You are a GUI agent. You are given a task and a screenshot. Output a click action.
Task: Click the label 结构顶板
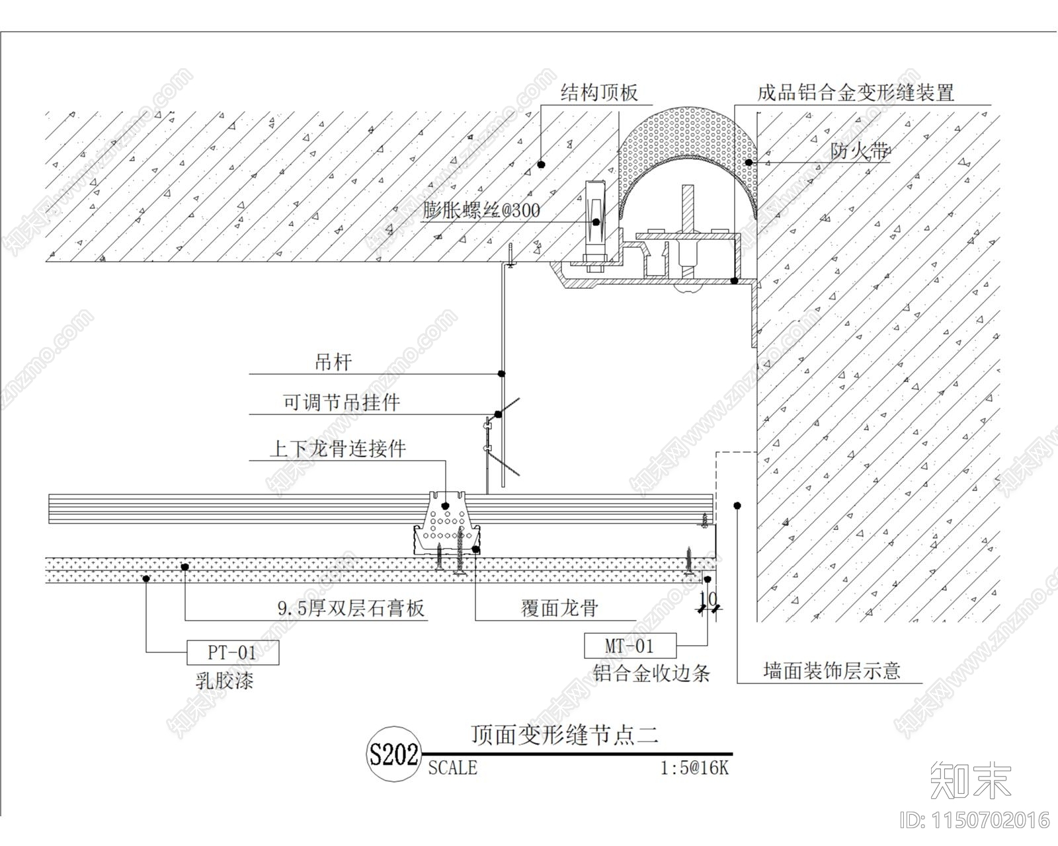598,92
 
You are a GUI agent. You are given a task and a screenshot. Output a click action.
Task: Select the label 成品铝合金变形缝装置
856,92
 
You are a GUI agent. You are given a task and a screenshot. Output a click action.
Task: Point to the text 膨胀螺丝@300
481,211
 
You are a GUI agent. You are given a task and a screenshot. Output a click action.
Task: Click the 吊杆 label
333,362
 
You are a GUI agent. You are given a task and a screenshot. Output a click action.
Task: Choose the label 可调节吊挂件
341,402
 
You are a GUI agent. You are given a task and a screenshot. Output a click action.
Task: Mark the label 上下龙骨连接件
337,449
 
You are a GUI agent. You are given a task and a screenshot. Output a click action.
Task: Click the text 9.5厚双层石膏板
350,608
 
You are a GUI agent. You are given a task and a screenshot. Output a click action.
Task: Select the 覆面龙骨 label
559,608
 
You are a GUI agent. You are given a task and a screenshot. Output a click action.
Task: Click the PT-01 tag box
232,652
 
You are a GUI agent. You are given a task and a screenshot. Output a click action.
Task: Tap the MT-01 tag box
630,645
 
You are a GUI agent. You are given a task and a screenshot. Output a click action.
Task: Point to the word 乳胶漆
224,680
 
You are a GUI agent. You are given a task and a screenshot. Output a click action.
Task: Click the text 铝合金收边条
651,673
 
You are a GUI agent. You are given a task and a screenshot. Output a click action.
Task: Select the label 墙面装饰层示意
831,671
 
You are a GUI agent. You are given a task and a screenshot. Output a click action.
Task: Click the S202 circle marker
393,754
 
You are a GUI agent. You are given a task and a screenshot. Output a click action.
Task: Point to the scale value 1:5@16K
694,768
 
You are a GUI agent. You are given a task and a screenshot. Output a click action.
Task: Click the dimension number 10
708,599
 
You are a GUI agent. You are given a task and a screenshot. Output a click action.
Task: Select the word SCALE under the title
452,768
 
